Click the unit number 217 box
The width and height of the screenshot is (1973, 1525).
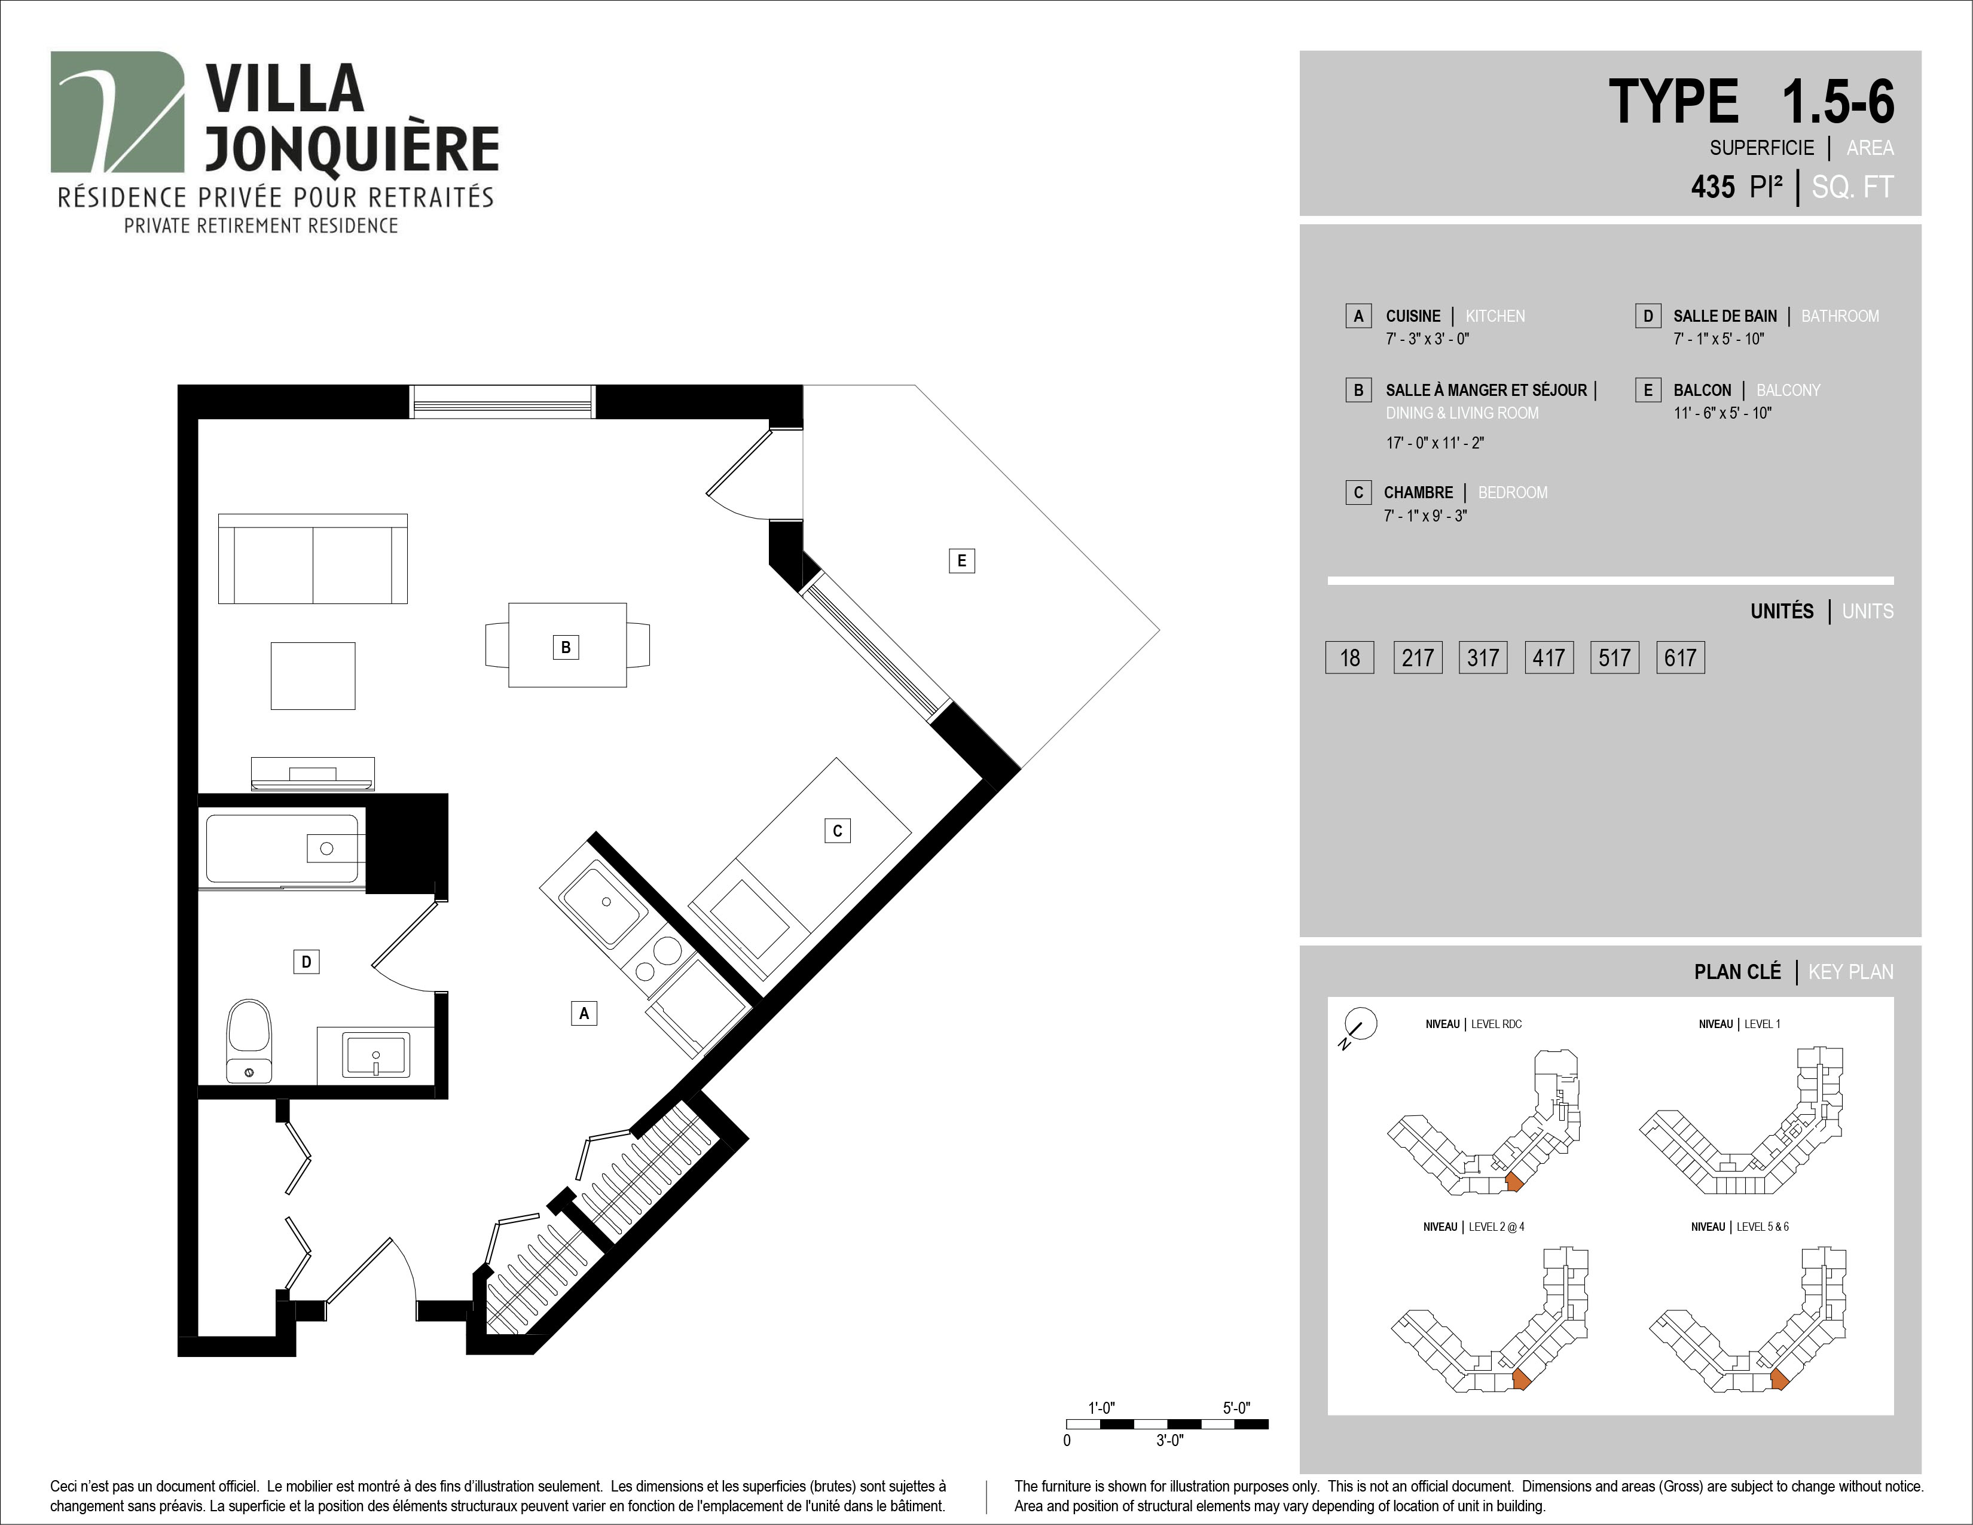coord(1418,657)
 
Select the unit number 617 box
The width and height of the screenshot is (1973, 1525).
coord(1680,657)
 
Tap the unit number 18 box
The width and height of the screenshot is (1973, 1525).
coord(1349,657)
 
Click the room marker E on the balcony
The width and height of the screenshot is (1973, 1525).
coord(961,560)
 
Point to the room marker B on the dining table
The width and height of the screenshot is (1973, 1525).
coord(566,647)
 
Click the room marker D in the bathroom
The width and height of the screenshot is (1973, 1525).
coord(306,961)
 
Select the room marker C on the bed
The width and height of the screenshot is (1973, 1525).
coord(838,830)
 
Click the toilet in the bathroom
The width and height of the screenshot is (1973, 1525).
coord(249,1041)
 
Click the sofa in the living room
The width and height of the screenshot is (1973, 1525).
coord(313,559)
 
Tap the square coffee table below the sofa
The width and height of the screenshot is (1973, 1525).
coord(313,676)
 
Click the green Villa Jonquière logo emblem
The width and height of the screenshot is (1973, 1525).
coord(117,112)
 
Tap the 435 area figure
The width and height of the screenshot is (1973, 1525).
coord(1713,187)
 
